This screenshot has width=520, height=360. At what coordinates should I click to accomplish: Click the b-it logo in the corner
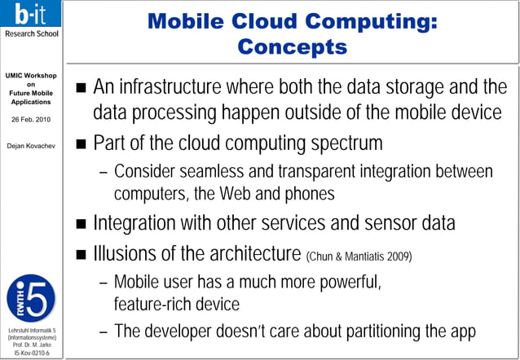point(30,16)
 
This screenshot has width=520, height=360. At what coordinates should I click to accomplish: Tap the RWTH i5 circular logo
point(31,297)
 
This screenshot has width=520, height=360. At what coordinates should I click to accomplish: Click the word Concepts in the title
point(292,46)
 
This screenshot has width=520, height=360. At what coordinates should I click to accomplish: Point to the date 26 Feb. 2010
point(31,119)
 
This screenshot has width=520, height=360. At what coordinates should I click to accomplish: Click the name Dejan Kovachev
point(31,147)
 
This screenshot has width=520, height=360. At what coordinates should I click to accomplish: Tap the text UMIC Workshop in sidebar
point(31,77)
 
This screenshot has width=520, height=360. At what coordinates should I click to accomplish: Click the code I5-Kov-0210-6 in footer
point(31,353)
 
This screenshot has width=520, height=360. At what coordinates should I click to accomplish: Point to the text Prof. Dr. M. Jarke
point(31,345)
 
